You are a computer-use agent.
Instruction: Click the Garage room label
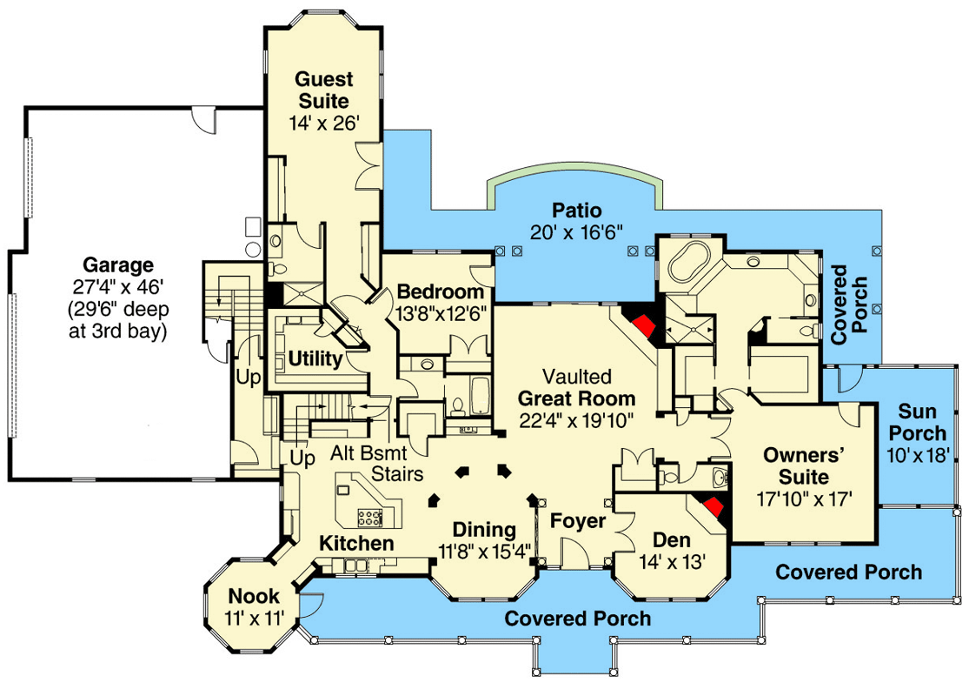pyautogui.click(x=118, y=264)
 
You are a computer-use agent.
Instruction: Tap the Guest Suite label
pyautogui.click(x=324, y=90)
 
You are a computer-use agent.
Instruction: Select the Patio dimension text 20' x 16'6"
pyautogui.click(x=576, y=232)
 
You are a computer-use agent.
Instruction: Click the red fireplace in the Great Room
pyautogui.click(x=643, y=325)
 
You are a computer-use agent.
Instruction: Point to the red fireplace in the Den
pyautogui.click(x=713, y=506)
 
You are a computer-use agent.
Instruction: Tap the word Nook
pyautogui.click(x=254, y=596)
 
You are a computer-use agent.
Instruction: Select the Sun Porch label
pyautogui.click(x=918, y=422)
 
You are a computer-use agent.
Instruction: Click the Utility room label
pyautogui.click(x=315, y=358)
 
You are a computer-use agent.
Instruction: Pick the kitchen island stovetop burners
pyautogui.click(x=370, y=517)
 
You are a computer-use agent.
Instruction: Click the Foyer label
pyautogui.click(x=578, y=521)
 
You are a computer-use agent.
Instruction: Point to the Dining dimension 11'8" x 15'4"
pyautogui.click(x=485, y=551)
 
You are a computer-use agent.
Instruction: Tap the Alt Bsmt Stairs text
pyautogui.click(x=376, y=463)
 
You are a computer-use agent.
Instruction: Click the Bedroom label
pyautogui.click(x=440, y=291)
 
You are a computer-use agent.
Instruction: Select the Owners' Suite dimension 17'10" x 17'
pyautogui.click(x=805, y=499)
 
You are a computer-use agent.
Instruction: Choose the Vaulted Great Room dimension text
pyautogui.click(x=576, y=421)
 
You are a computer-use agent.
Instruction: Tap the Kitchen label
pyautogui.click(x=356, y=543)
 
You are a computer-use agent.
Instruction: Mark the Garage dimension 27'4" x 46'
pyautogui.click(x=118, y=286)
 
